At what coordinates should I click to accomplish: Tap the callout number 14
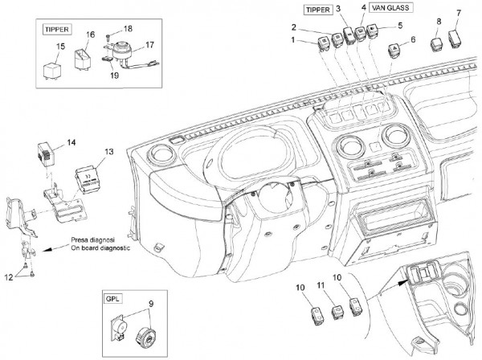click(71, 142)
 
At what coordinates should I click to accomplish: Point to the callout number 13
click(109, 151)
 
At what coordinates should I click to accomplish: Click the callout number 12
click(10, 276)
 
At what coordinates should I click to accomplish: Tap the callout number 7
click(459, 13)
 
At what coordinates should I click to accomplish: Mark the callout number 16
click(91, 35)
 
